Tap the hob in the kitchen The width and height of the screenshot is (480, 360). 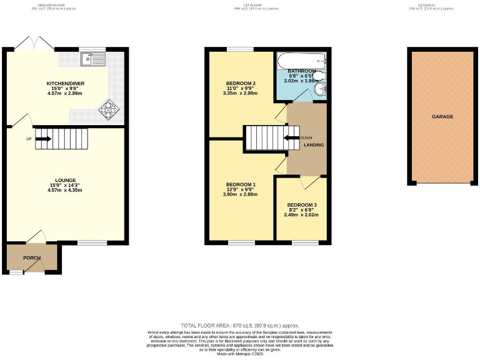pyautogui.click(x=109, y=110)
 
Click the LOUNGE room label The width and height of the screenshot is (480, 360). pyautogui.click(x=65, y=179)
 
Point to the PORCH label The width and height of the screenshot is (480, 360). pyautogui.click(x=32, y=257)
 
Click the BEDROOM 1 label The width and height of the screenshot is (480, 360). pyautogui.click(x=241, y=184)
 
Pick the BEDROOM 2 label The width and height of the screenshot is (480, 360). pyautogui.click(x=241, y=84)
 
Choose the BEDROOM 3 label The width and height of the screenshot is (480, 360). pyautogui.click(x=302, y=205)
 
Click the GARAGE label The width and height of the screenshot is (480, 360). pyautogui.click(x=442, y=117)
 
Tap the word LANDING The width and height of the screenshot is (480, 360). pyautogui.click(x=314, y=145)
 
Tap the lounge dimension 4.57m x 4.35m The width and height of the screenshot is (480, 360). pyautogui.click(x=65, y=190)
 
